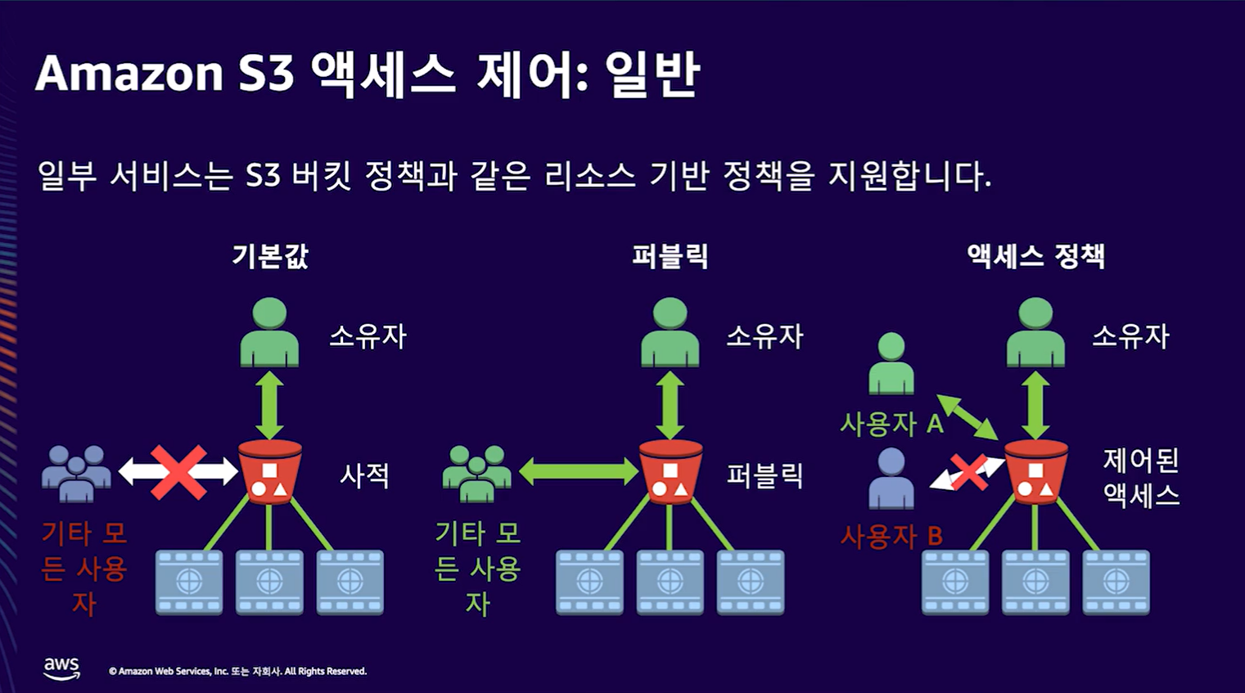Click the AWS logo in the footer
tap(61, 668)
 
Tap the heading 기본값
tap(270, 256)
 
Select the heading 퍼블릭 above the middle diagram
tap(670, 256)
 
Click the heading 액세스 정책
tap(1035, 256)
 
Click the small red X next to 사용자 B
tap(969, 472)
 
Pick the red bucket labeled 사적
tap(269, 471)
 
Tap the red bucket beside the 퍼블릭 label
tap(670, 471)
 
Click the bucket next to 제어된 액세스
tap(1035, 471)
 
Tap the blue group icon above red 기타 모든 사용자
tap(76, 473)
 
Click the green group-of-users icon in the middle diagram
tap(476, 473)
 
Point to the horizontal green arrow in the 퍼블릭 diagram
tap(578, 471)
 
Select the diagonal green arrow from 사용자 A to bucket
tap(967, 417)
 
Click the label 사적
tap(364, 475)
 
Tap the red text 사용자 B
tap(891, 537)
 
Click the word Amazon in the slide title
tap(129, 74)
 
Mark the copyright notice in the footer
tap(237, 671)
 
